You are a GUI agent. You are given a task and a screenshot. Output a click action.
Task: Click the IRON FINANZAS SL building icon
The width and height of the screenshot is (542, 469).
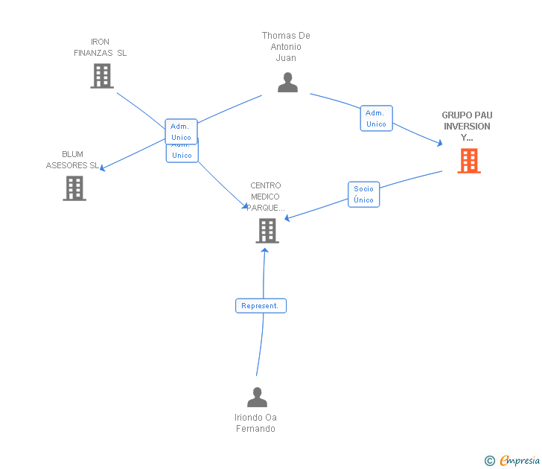coord(102,76)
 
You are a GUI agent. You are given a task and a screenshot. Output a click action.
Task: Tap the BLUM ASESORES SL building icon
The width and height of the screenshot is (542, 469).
coord(74,188)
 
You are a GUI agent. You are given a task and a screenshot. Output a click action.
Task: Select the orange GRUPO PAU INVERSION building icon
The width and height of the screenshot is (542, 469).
coord(469,161)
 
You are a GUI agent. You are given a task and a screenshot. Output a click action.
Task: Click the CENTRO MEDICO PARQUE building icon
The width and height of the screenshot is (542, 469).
coord(267,231)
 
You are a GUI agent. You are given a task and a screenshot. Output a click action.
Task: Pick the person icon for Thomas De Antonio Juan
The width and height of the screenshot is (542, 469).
coord(287,82)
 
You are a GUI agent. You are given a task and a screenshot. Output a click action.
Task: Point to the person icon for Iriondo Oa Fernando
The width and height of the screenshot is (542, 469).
coord(257,398)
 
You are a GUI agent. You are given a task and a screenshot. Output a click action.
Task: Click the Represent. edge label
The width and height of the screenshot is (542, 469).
coord(261,305)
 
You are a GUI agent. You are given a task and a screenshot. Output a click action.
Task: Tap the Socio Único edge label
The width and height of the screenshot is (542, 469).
coord(364,194)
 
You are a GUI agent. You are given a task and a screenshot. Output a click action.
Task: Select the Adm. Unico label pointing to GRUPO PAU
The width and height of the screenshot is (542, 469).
coord(376,118)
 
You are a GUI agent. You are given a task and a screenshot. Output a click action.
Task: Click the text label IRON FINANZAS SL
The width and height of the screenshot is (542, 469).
coord(101,47)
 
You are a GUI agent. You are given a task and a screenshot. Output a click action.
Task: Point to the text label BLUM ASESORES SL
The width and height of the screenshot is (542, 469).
coord(72,160)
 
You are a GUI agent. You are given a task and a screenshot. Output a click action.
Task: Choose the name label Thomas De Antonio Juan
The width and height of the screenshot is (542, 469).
coord(286,46)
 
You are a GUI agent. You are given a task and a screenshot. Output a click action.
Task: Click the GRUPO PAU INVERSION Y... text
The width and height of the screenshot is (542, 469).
coord(467,126)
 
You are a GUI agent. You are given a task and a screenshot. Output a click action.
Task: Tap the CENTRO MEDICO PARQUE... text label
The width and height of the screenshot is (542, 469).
coord(266,197)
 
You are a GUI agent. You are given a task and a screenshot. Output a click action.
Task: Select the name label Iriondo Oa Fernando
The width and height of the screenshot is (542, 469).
coord(256,423)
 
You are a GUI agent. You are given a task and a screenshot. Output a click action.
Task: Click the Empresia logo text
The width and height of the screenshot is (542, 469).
coord(519,461)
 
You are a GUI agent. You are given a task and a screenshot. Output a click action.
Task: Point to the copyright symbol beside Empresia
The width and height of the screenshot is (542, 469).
coord(489,461)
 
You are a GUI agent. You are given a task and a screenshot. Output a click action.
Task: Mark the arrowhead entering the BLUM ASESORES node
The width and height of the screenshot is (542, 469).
coord(103,168)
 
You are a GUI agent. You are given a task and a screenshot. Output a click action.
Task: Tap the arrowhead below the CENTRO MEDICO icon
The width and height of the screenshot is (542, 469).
coord(264,250)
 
